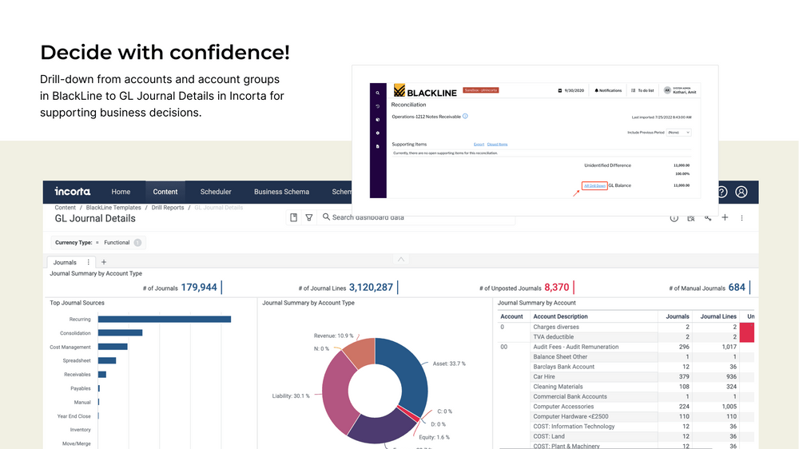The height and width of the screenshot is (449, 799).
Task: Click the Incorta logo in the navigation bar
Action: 73,192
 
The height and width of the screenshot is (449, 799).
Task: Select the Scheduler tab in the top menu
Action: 216,192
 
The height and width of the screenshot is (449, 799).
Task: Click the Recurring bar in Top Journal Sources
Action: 164,319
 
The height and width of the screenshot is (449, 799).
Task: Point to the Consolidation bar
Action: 120,332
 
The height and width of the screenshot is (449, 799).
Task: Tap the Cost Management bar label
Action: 70,347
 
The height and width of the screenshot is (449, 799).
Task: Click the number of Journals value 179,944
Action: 199,288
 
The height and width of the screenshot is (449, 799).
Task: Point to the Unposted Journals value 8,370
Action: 556,288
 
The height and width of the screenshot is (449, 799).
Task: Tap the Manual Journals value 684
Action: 736,288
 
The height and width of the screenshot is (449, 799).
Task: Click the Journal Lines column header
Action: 718,316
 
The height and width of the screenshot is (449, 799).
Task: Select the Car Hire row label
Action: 544,376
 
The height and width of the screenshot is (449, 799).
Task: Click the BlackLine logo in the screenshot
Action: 425,91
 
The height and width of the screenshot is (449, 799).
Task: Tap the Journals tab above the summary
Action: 65,262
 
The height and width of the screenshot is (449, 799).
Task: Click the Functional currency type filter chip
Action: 117,242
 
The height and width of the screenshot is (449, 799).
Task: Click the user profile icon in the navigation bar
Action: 741,192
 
